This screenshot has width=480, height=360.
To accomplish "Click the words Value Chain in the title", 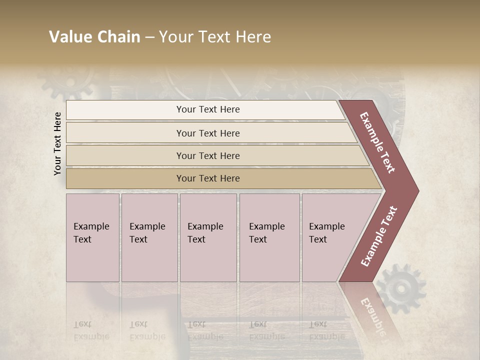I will click(94, 37).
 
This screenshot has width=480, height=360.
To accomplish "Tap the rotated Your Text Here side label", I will click(57, 143).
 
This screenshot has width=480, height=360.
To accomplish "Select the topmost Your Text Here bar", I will click(207, 109).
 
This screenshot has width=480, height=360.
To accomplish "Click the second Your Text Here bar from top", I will click(207, 133).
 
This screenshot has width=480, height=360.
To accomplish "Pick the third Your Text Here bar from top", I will click(207, 155).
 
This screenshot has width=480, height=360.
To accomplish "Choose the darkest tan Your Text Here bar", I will click(207, 178).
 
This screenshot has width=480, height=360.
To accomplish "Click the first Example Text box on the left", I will click(92, 237).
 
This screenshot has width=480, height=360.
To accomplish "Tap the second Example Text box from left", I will click(149, 237).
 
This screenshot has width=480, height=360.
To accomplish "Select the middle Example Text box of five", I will click(207, 237).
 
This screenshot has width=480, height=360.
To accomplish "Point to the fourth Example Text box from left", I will click(269, 237).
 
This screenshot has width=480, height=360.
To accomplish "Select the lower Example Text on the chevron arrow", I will click(379, 236).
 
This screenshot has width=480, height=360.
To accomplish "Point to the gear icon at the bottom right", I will click(400, 289).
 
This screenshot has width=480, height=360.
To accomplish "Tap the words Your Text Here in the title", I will click(215, 37).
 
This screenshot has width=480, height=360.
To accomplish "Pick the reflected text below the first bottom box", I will click(91, 330).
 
